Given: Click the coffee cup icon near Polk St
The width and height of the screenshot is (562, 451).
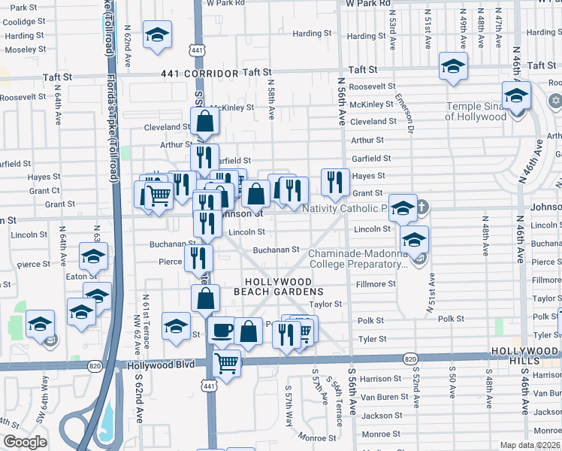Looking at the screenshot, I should [221, 330].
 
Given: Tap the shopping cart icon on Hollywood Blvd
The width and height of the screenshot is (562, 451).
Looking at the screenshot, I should [226, 363].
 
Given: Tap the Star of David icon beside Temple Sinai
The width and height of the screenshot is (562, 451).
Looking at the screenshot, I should [555, 101].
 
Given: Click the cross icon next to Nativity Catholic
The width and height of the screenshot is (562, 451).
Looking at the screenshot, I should [422, 207].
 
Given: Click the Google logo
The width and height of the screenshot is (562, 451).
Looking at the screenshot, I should [26, 442].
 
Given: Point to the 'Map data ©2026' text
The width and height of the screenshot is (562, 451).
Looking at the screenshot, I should [530, 445].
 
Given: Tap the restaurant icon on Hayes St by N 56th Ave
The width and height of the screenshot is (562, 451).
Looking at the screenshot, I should [335, 180].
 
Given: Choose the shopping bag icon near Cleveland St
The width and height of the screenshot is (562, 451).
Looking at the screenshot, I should [204, 120].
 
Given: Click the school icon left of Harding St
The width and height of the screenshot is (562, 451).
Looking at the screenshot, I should [158, 35].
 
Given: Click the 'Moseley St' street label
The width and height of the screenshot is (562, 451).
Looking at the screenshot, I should [26, 49].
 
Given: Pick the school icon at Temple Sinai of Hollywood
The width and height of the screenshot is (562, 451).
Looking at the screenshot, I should [516, 95].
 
